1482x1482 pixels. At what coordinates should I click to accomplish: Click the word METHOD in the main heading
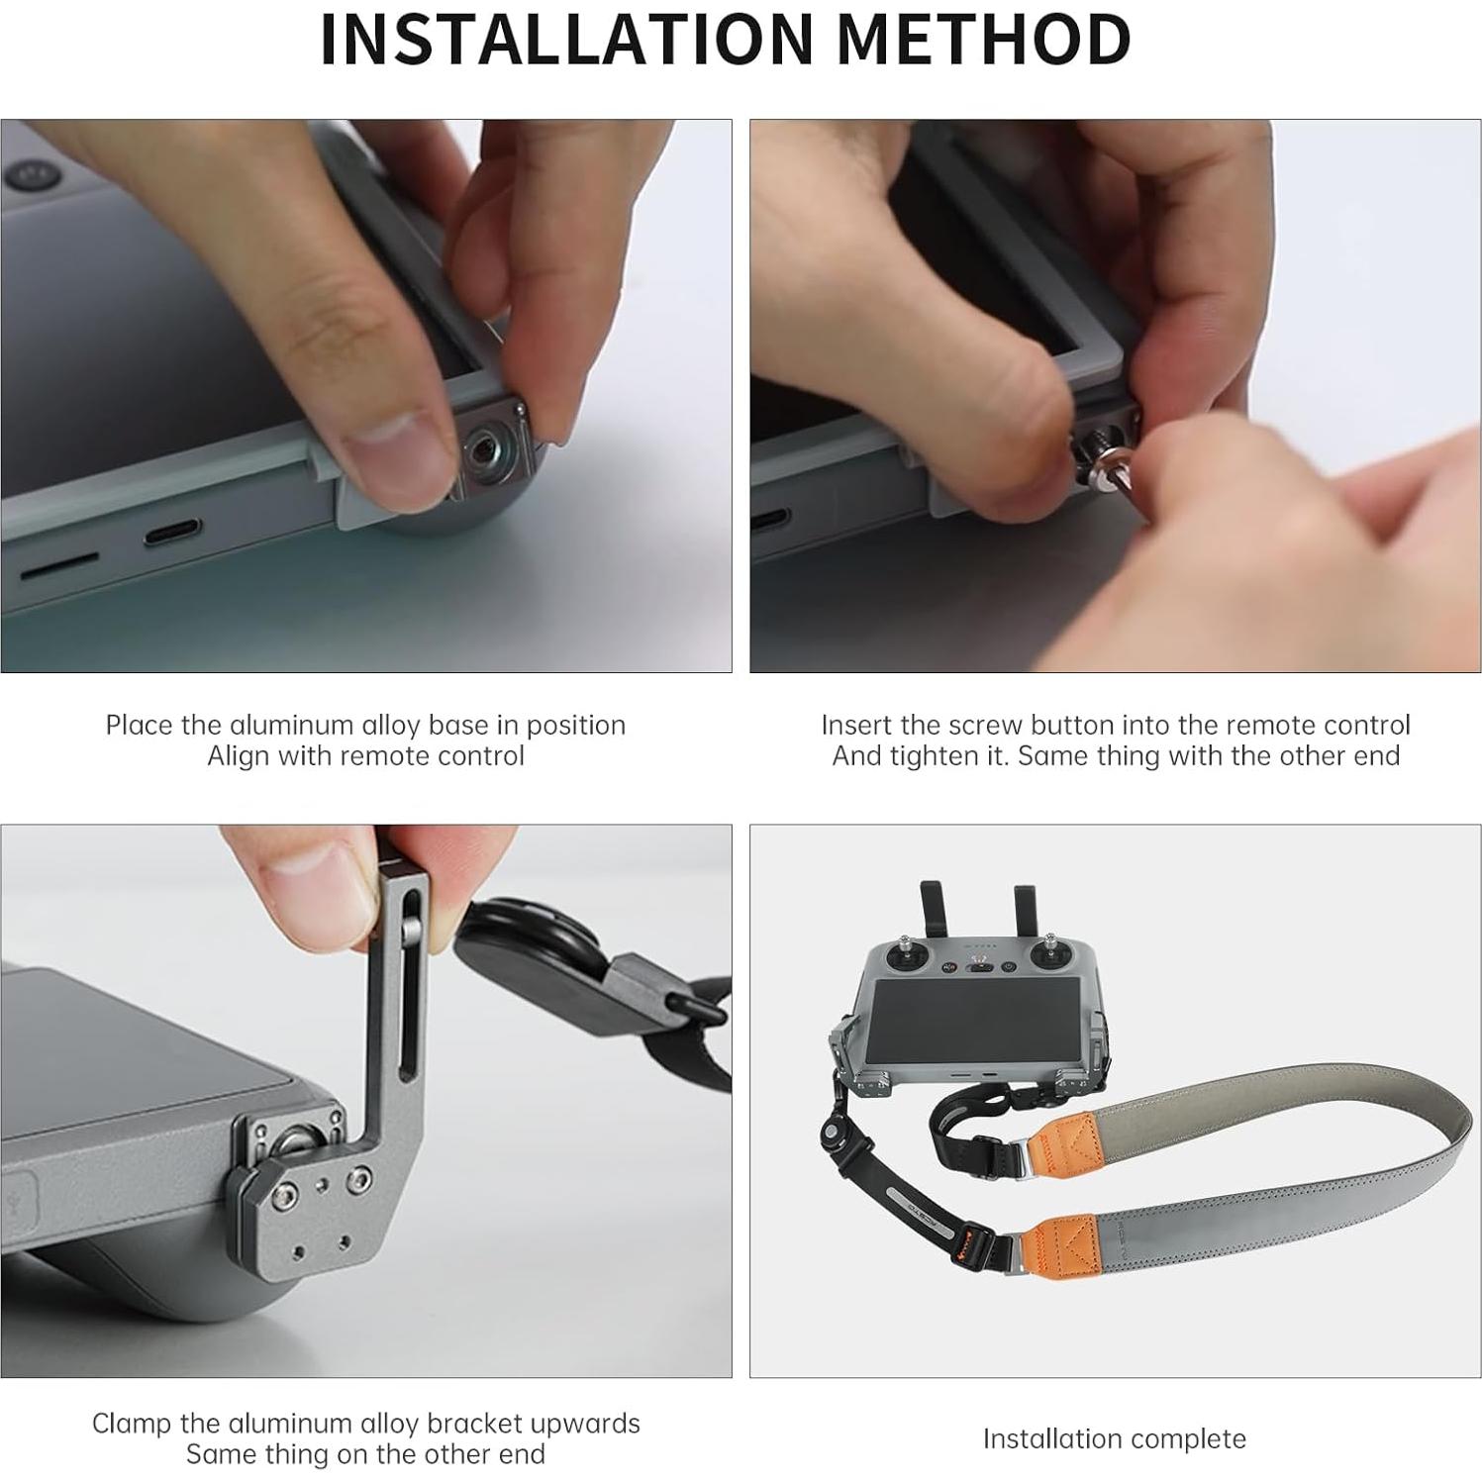(x=983, y=40)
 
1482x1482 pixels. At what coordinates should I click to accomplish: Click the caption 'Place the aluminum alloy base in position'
(x=365, y=725)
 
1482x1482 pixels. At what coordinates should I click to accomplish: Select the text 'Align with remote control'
(x=365, y=756)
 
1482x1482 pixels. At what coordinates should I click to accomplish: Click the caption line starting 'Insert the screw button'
(x=1115, y=725)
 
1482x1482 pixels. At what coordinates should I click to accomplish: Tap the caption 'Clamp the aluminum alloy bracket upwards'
(x=365, y=1423)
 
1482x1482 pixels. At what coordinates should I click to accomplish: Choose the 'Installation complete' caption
(x=1114, y=1438)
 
